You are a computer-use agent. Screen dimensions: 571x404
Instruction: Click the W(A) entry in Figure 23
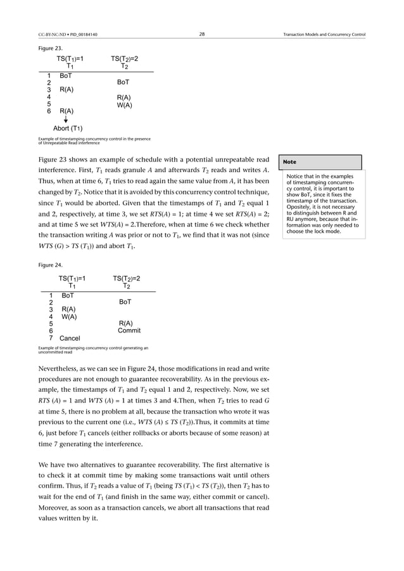124,104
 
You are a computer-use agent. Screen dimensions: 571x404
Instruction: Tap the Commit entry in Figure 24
129,330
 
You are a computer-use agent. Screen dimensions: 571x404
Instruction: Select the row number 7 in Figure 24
51,338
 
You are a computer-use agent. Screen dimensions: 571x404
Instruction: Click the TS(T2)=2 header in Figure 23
124,59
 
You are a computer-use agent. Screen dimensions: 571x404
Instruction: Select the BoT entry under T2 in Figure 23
124,82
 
